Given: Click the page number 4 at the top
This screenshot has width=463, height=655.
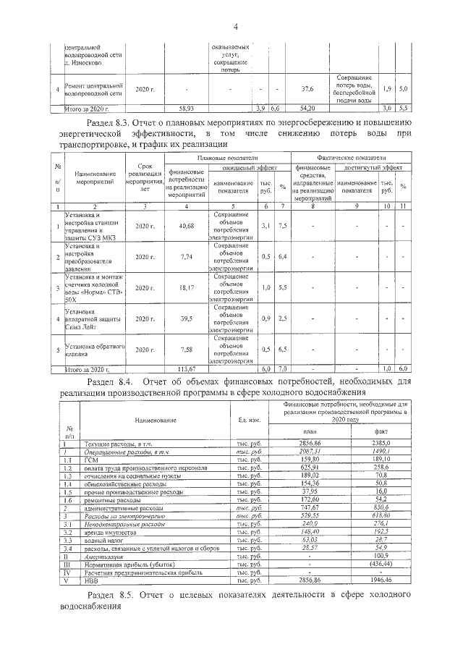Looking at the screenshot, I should click(x=236, y=28).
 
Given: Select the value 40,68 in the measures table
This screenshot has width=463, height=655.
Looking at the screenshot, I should click(x=186, y=227).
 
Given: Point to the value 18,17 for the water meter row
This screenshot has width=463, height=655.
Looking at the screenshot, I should click(x=186, y=288).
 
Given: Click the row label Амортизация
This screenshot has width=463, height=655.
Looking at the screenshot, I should click(x=105, y=557).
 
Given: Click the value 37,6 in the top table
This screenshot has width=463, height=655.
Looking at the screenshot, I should click(x=307, y=89).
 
